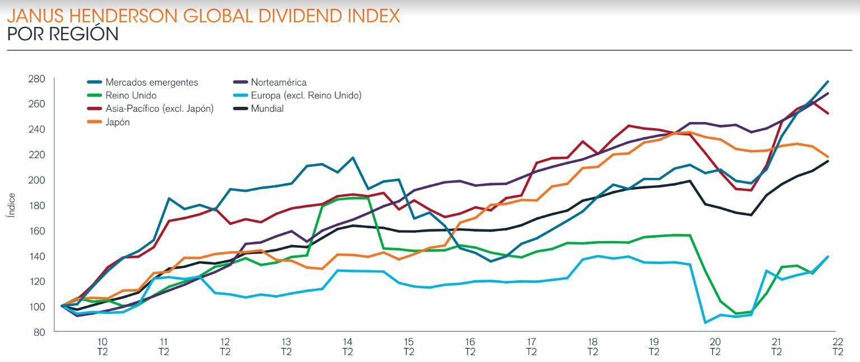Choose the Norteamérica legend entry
tap(279, 82)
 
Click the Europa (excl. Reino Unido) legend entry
tap(306, 96)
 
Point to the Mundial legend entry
tap(267, 109)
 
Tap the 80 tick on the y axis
tap(39, 332)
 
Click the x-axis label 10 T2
tap(102, 346)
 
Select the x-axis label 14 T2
tap(348, 346)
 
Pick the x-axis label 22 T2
tap(838, 346)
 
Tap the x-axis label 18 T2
tap(592, 346)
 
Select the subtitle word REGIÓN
tap(86, 34)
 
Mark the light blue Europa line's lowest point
tap(705, 323)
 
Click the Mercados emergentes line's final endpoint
tap(828, 82)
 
